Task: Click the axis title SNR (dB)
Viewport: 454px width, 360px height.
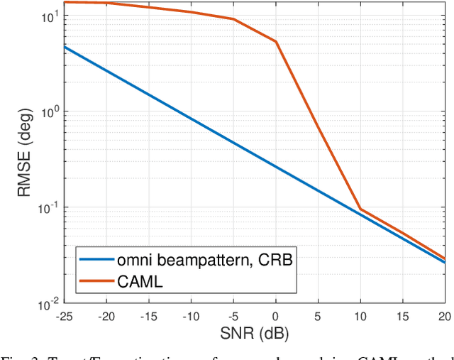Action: (255, 332)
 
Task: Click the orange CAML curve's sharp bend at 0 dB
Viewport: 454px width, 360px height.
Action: (276, 42)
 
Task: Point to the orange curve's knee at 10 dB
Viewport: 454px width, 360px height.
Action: (360, 209)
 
